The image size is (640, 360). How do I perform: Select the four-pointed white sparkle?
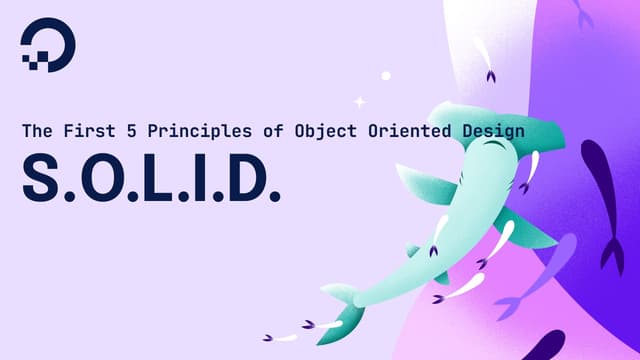pos(360,101)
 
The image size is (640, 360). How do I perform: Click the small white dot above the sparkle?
pos(386,75)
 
